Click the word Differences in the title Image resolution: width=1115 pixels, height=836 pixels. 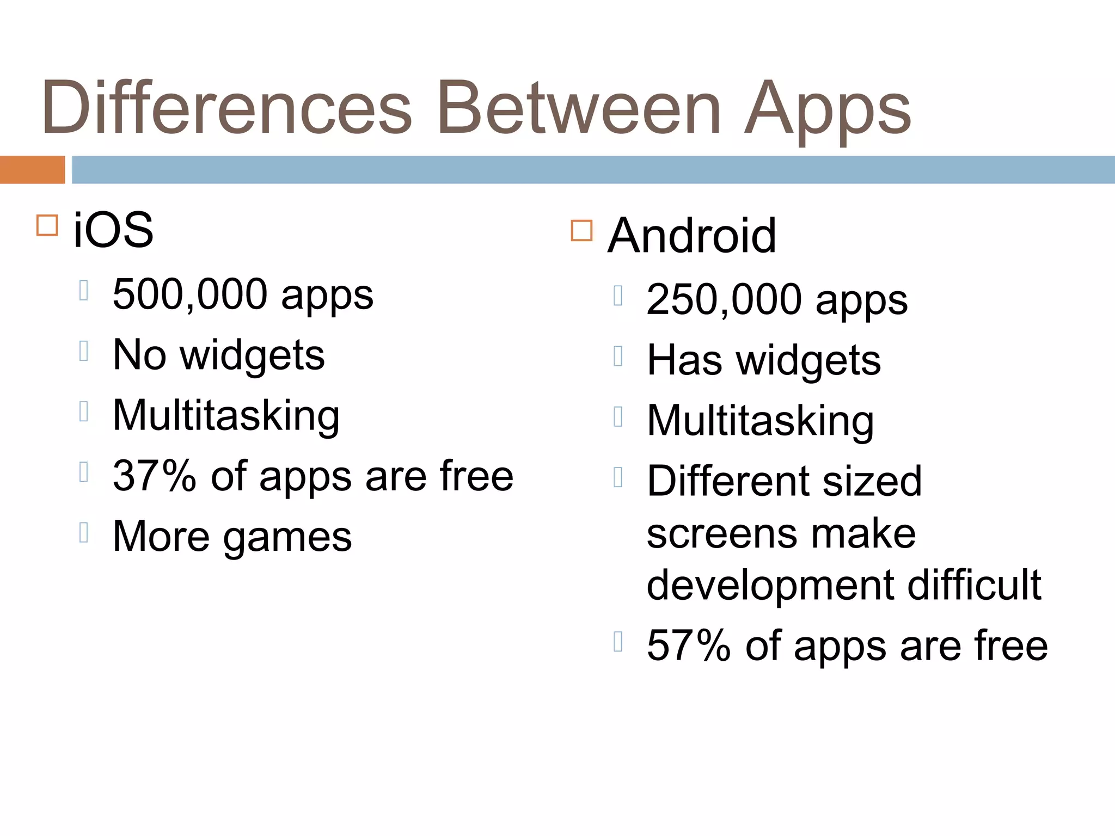226,107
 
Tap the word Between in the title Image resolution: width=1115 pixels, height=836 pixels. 579,107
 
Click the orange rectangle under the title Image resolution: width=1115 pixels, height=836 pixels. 32,170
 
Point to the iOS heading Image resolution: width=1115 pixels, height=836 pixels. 113,230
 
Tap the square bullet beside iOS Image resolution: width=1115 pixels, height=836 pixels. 47,225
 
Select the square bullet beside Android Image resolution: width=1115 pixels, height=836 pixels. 581,230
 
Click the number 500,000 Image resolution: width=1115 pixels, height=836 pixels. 190,294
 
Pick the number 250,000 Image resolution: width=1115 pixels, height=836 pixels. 724,299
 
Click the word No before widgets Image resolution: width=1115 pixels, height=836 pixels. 139,355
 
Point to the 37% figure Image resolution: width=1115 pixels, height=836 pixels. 154,476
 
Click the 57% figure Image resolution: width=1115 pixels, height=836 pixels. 688,646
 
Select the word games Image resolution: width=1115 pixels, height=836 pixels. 287,538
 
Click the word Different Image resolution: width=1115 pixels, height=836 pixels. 730,481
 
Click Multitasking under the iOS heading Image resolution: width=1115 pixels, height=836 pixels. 226,416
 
